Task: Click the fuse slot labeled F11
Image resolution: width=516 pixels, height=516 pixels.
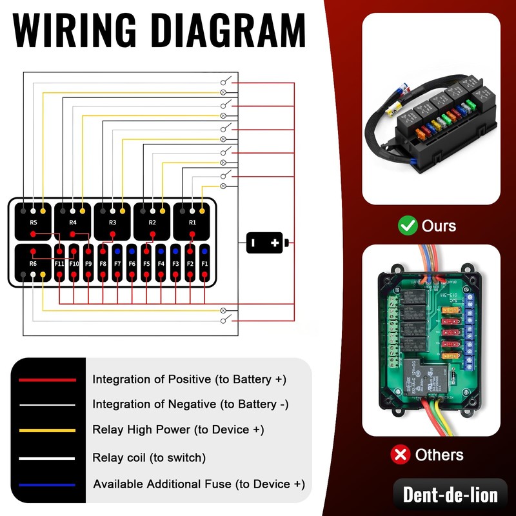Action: click(59, 264)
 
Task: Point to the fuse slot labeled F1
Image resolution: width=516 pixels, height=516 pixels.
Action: click(204, 264)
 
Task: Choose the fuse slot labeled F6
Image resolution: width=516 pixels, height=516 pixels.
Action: click(132, 264)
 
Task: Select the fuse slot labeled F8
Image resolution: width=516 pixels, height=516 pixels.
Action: click(103, 264)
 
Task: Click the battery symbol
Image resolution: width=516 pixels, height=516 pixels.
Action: click(266, 243)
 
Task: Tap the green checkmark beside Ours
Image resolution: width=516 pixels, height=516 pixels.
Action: click(408, 226)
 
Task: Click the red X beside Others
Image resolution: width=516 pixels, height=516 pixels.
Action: click(401, 455)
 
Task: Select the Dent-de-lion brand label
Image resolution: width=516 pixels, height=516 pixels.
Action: click(450, 495)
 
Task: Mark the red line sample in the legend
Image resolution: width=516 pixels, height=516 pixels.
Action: click(48, 380)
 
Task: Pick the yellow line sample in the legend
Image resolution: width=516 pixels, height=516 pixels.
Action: click(48, 430)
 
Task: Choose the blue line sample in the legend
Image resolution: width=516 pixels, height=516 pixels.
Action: click(48, 484)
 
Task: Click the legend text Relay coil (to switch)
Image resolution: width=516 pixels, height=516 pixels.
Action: click(149, 458)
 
